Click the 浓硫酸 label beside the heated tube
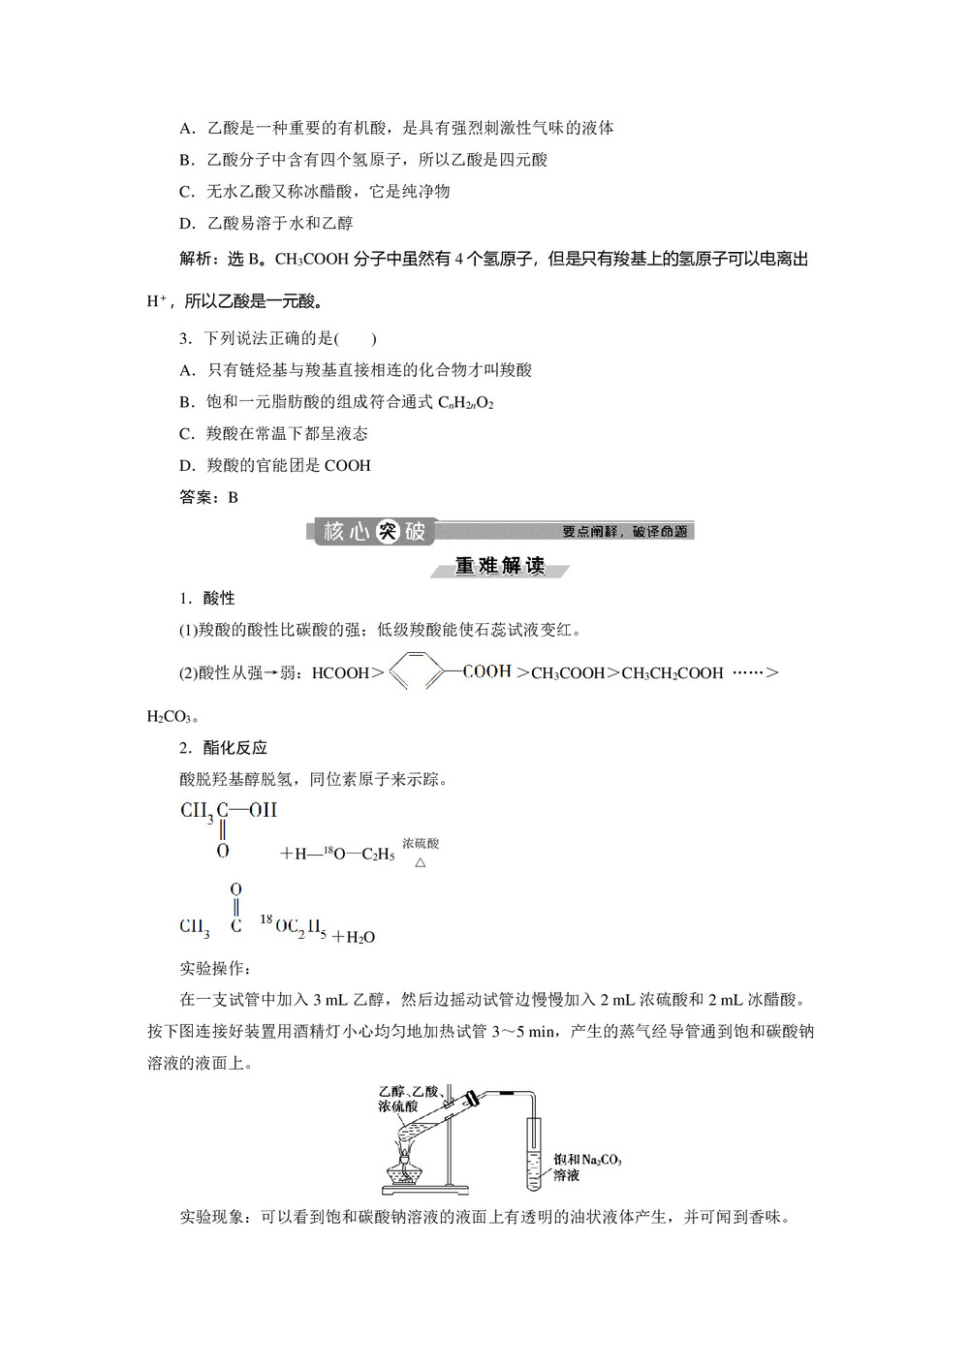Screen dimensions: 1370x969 pos(398,1105)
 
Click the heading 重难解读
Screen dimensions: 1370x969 pos(500,566)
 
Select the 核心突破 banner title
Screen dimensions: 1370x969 pos(374,531)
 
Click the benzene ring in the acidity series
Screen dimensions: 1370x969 pos(417,670)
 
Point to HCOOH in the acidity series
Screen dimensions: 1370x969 pos(340,672)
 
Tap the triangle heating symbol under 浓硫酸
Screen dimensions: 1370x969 pos(421,862)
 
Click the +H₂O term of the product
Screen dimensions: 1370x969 pos(354,937)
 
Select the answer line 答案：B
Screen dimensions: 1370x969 pos(209,497)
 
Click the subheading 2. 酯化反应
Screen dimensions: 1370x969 pos(224,747)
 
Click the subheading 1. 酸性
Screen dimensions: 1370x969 pos(207,598)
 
